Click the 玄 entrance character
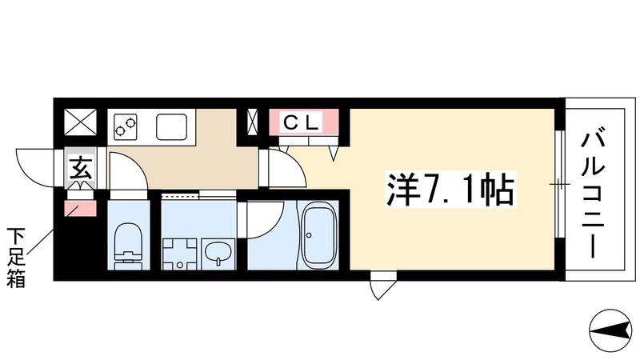[x=81, y=170]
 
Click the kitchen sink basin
[x=173, y=126]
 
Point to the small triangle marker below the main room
[x=382, y=287]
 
